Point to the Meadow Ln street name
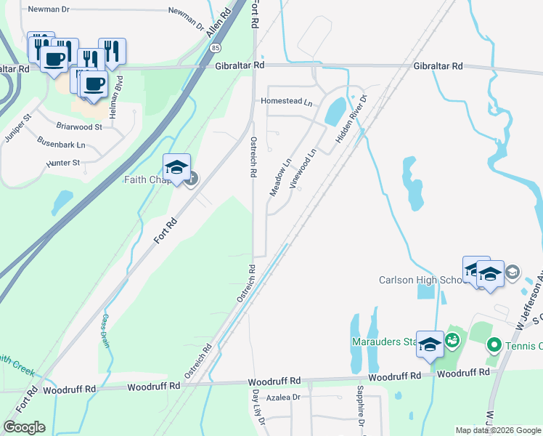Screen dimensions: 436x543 click(280, 177)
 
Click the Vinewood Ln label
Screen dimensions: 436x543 click(303, 169)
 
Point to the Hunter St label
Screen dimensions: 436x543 click(62, 163)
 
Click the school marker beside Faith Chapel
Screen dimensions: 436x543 click(176, 168)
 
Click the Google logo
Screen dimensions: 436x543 click(24, 427)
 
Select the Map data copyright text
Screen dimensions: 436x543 click(497, 430)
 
